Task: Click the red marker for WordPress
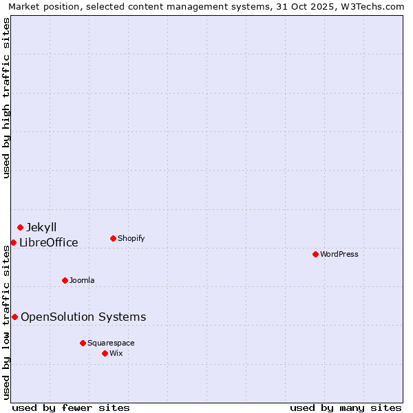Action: coord(315,254)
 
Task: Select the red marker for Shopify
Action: coord(113,238)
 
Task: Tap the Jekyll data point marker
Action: coord(20,227)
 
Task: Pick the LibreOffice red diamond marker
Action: coord(13,242)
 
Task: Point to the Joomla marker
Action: coord(65,280)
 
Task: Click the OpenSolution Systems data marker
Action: coord(14,317)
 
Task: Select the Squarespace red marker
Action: coord(83,343)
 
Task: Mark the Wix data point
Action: coord(105,353)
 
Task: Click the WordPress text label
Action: coord(339,254)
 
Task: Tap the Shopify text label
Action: coord(131,238)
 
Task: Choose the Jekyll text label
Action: coord(41,227)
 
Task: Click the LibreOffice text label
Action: coord(48,242)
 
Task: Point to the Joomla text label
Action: coord(82,280)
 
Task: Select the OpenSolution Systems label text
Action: coord(83,317)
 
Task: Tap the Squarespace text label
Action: coord(111,343)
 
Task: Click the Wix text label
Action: coord(116,353)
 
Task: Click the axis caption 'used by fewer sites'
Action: coord(71,407)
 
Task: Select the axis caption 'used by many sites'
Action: coord(346,407)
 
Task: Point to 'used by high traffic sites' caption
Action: coord(7,98)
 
